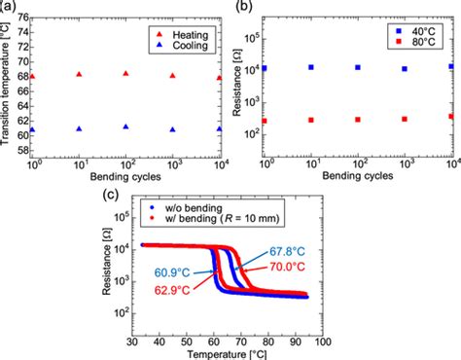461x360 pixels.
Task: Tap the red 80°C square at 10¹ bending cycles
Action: click(x=311, y=120)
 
